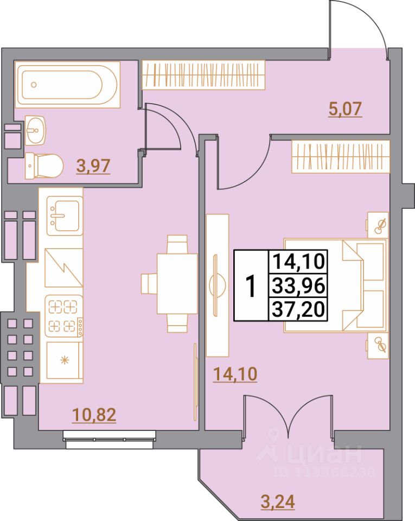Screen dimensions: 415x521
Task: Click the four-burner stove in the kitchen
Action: click(64, 316)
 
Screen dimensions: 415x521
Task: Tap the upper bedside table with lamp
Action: click(378, 224)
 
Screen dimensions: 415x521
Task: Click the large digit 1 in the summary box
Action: click(251, 286)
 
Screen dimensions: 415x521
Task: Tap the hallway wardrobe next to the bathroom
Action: click(204, 74)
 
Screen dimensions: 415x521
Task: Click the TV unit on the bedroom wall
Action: click(218, 285)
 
